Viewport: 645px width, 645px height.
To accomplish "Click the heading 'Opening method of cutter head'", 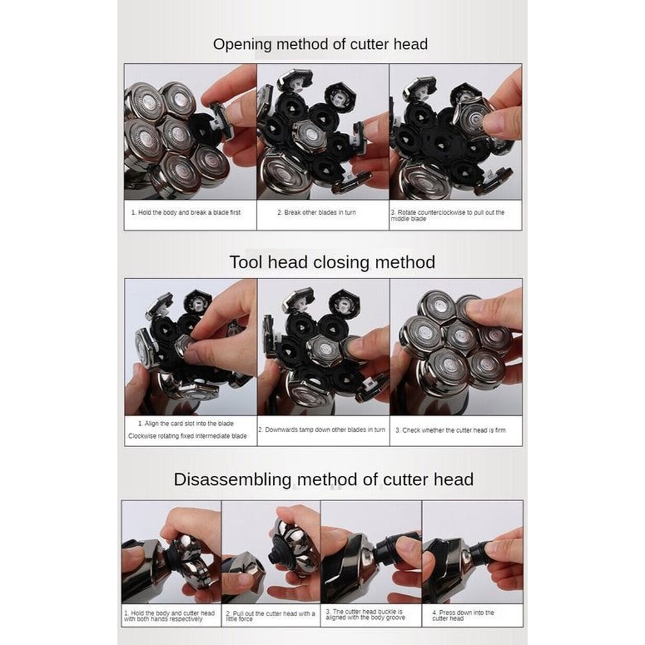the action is pos(320,45).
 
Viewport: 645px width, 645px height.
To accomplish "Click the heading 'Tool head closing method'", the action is pos(332,263).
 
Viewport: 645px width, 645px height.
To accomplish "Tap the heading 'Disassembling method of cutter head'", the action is pos(323,480).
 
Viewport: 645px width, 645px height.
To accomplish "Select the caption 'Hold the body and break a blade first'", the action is pos(186,213).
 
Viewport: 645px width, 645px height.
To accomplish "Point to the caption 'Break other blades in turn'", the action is pos(316,213).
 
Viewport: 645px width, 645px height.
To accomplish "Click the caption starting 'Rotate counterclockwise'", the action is pos(448,215).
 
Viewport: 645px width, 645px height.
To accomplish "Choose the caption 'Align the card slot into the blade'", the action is pos(186,424).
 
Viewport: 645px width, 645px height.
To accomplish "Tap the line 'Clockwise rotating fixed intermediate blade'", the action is pos(188,436).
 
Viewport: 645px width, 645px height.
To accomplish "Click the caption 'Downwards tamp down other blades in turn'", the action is pos(322,430).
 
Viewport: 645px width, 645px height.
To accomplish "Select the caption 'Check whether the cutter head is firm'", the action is pos(450,430).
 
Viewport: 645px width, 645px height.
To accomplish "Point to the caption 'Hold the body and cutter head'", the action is pos(170,616).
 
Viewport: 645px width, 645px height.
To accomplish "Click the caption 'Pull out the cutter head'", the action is pos(270,616).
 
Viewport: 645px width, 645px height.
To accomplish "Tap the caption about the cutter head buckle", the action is pos(365,615).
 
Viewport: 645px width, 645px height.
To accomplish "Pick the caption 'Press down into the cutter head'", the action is pos(463,615).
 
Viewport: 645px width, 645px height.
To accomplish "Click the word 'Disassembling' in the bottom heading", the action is pos(232,480).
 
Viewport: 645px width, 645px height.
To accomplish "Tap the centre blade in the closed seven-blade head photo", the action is pos(461,337).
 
